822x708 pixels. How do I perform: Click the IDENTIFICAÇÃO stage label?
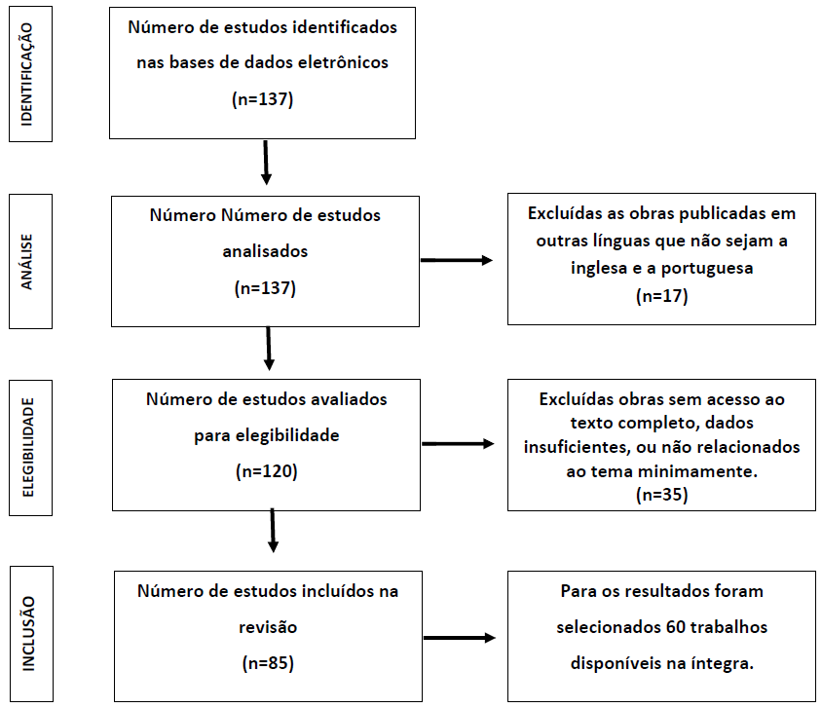click(26, 74)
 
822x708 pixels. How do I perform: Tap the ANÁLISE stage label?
click(26, 262)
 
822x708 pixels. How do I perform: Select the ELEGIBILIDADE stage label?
click(28, 447)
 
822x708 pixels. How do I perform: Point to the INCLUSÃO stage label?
click(28, 634)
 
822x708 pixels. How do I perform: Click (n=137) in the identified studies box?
click(262, 99)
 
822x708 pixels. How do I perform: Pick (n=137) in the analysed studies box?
click(265, 287)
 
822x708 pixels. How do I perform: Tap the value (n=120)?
click(266, 471)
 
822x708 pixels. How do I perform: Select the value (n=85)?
click(268, 663)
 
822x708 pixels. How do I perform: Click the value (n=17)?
click(661, 295)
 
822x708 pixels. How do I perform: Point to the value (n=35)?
click(661, 494)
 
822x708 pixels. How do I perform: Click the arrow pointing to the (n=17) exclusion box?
click(457, 260)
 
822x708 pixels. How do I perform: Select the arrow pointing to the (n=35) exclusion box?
click(458, 444)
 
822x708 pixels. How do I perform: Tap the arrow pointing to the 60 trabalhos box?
click(460, 638)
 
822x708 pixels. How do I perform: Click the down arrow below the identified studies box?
click(266, 163)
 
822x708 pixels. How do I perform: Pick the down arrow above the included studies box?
click(273, 531)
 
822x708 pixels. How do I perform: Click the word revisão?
click(268, 627)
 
